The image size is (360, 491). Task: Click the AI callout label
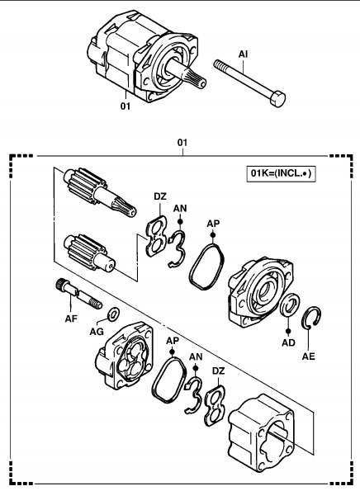(243, 54)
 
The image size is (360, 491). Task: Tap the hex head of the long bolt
(277, 98)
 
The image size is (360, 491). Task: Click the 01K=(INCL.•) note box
(281, 173)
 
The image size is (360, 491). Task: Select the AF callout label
(71, 319)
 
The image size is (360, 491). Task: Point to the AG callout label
(97, 331)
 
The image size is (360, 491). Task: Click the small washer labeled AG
(113, 314)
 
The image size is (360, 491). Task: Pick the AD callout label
(288, 342)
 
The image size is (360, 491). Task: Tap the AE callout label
(309, 356)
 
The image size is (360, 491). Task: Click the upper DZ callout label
(160, 196)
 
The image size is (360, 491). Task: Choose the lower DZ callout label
(218, 371)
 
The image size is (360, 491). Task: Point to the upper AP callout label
(213, 224)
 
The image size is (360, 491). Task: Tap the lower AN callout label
(196, 356)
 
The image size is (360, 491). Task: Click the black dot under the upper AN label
(180, 221)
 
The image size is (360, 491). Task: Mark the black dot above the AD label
(288, 331)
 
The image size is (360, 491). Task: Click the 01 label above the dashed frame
(182, 143)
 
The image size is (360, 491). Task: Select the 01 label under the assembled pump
(126, 106)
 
